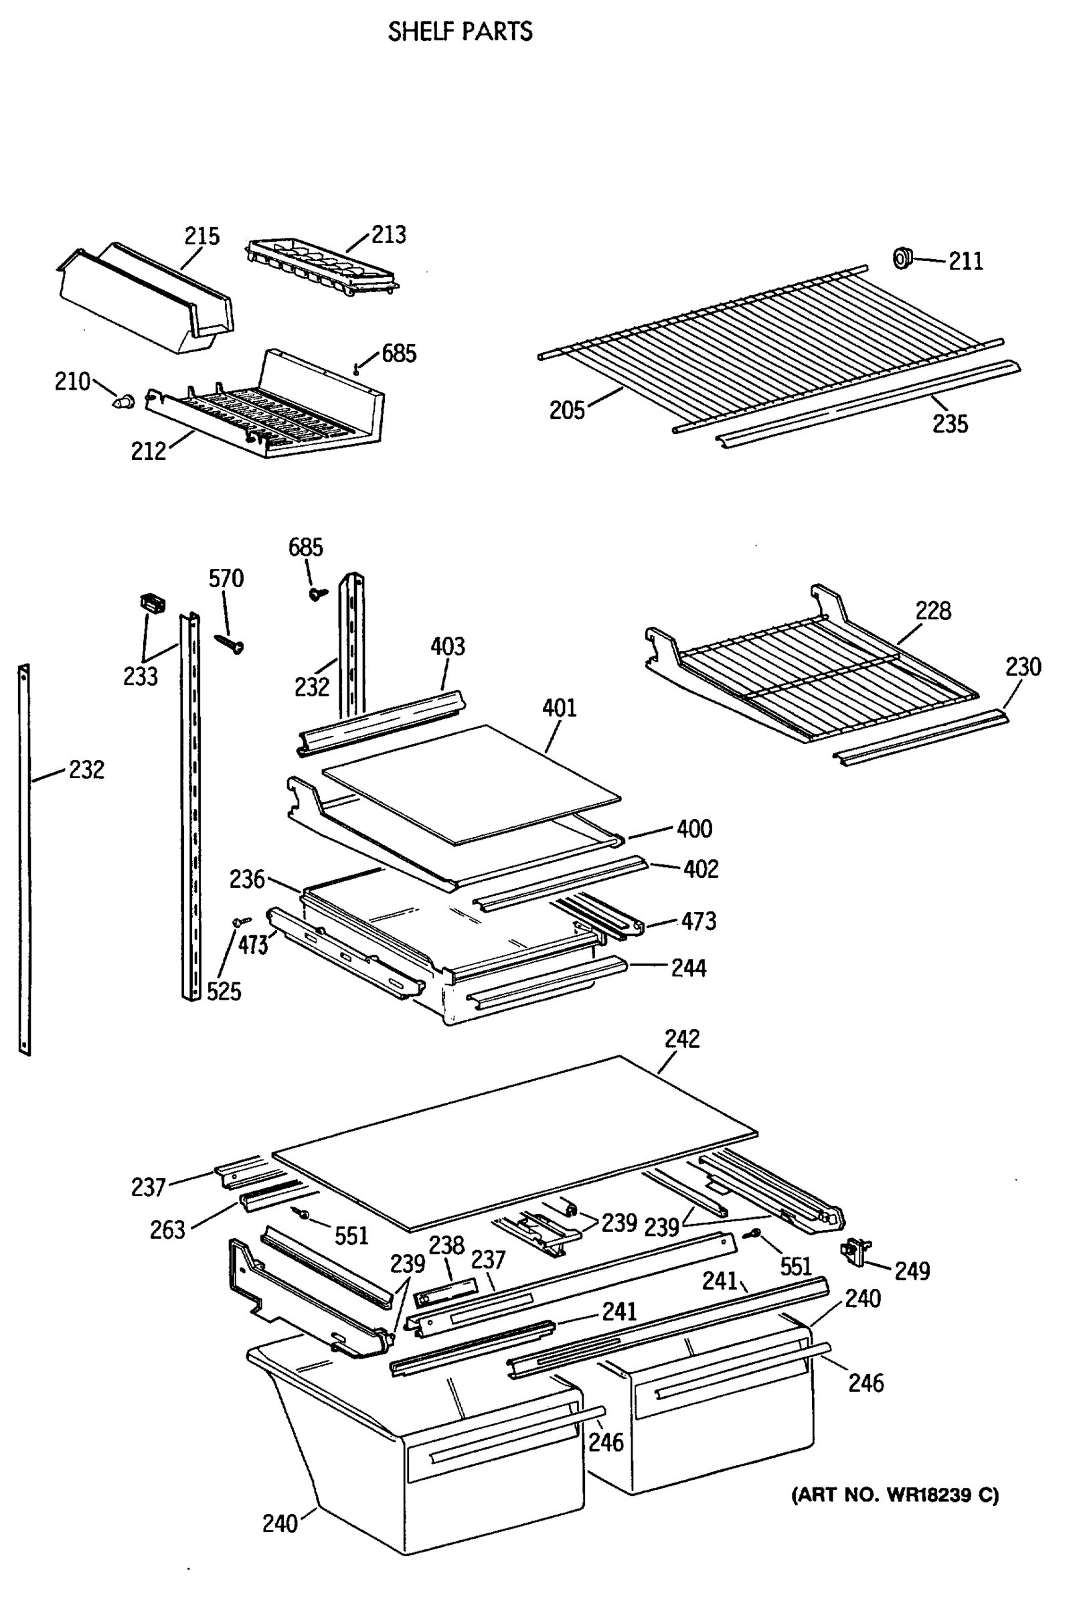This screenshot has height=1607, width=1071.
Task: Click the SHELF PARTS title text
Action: click(460, 31)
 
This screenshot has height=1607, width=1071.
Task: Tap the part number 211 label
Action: click(965, 261)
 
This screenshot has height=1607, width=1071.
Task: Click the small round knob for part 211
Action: click(903, 258)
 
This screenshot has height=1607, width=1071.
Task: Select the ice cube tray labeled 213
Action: click(321, 265)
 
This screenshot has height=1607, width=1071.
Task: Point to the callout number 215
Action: click(202, 236)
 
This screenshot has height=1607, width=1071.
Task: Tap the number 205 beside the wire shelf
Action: click(567, 410)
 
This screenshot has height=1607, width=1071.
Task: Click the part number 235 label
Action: click(950, 425)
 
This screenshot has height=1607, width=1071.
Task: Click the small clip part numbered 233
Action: click(153, 603)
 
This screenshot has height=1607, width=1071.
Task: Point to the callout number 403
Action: click(447, 646)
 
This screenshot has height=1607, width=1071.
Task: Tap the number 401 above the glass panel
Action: click(560, 708)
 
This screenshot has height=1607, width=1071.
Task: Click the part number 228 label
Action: click(933, 611)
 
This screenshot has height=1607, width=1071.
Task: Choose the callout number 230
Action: click(1023, 667)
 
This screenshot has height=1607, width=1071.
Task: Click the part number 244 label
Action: click(689, 968)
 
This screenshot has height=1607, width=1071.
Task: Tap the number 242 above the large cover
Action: click(681, 1039)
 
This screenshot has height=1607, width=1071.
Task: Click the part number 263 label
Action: click(167, 1230)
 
